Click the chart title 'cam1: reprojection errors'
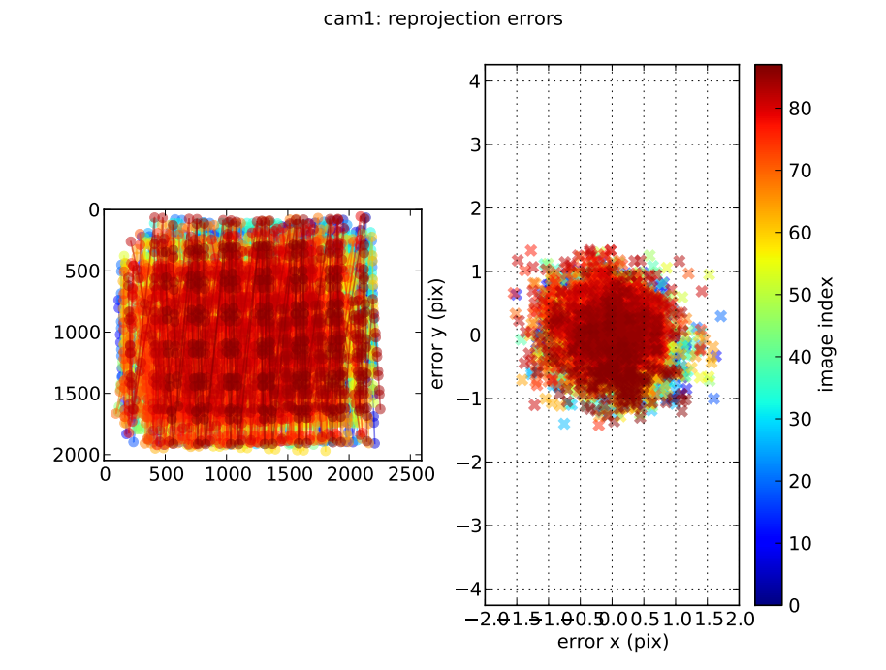pos(443,18)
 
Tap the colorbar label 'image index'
pos(826,335)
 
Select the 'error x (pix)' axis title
pos(612,641)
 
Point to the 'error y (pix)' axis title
pos(437,335)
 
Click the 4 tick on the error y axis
pos(474,81)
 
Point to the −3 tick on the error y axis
pos(468,526)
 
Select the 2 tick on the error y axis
pos(474,208)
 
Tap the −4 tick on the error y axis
pos(468,589)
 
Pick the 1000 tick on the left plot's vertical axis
pos(81,332)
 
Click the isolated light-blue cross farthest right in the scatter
pos(720,316)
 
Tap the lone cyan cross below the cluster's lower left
pos(564,423)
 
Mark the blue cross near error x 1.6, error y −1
pos(713,399)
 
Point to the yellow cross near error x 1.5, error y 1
pos(709,274)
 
